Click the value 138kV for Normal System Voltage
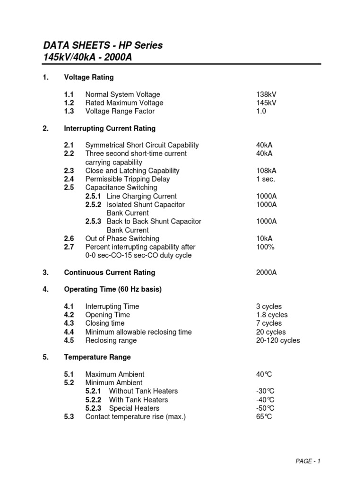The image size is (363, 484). click(x=266, y=95)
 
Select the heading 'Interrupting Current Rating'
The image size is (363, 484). click(x=110, y=129)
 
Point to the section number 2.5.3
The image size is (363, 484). click(x=94, y=222)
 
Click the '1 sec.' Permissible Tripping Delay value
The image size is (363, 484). click(x=266, y=179)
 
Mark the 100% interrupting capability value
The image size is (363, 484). click(x=265, y=247)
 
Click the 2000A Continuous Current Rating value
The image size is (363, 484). click(x=266, y=273)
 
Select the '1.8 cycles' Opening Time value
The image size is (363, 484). click(x=272, y=315)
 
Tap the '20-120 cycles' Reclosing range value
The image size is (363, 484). click(x=278, y=340)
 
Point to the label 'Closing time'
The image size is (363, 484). click(x=105, y=323)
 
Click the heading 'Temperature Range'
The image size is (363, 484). click(x=97, y=357)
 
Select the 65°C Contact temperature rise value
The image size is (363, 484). click(x=264, y=417)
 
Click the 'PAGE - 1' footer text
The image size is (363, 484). click(x=307, y=461)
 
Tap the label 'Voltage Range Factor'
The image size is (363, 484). click(x=120, y=112)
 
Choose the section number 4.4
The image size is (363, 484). click(x=70, y=332)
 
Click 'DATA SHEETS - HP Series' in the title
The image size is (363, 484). click(x=103, y=45)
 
